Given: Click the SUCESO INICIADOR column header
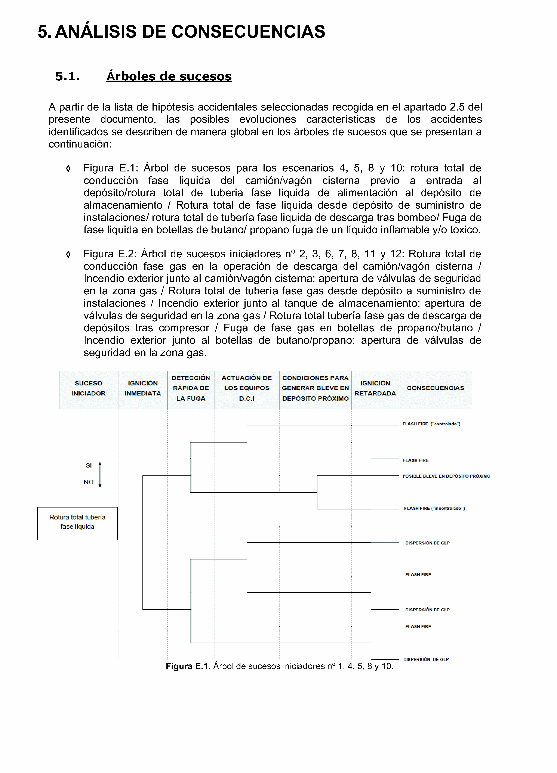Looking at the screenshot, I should (x=88, y=388).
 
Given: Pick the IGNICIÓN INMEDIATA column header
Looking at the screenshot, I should (x=143, y=388).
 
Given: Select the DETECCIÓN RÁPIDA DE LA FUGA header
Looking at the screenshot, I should (x=191, y=388).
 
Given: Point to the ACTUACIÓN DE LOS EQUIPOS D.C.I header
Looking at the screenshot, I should (x=247, y=388).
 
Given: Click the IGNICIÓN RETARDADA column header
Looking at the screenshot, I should (x=375, y=388).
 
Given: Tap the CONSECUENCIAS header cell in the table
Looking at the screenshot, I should (x=435, y=388).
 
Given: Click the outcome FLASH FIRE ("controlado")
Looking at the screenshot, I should (x=431, y=424).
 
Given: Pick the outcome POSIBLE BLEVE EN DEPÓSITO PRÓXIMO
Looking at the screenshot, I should (x=446, y=476).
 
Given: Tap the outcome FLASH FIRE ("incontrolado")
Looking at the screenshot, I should (x=434, y=508).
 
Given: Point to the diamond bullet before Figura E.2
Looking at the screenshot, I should (x=68, y=254).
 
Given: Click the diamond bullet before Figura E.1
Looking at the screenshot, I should (x=68, y=168).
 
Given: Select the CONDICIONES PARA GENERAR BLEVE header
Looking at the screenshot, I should (x=315, y=388).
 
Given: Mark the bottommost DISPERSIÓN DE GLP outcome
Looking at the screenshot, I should (x=426, y=659).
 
